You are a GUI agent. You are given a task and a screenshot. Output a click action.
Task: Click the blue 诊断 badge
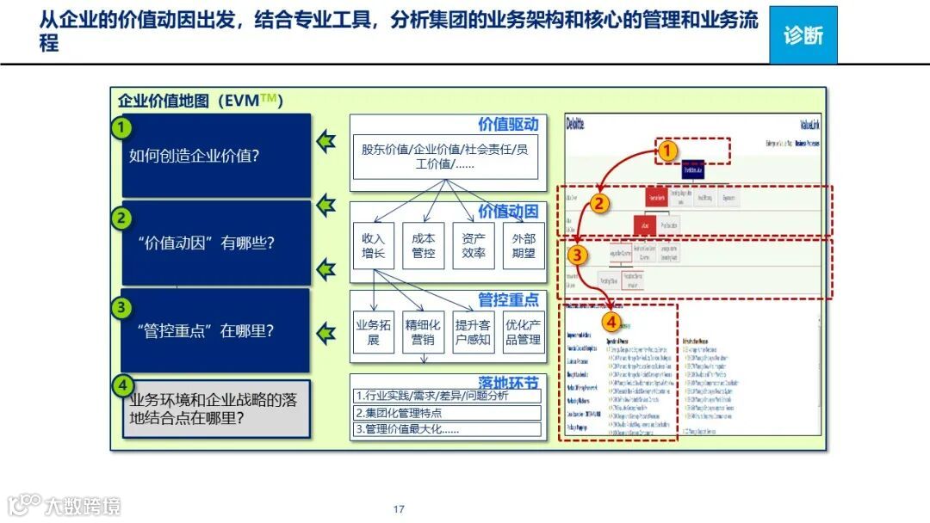coord(803,35)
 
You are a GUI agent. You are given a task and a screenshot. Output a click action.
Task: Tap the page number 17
coord(399,509)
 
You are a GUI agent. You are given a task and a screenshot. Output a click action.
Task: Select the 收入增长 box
coord(374,246)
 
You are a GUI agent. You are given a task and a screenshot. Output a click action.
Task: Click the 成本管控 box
coord(424,246)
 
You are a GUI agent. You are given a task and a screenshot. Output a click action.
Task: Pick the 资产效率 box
coord(474,246)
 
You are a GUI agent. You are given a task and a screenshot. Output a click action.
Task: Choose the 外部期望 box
coord(524,246)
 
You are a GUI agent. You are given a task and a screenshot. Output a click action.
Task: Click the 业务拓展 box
coord(374,332)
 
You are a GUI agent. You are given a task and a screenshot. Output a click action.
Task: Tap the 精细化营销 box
coord(424,332)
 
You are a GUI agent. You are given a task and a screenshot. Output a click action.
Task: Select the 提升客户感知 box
coord(474,332)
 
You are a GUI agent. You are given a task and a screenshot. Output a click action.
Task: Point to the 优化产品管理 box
coord(524,332)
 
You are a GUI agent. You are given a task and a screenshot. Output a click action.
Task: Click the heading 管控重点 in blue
coord(508,299)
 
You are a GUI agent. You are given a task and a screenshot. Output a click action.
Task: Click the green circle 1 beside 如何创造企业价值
coord(123,128)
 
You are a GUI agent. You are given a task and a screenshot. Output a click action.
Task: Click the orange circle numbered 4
coord(611,323)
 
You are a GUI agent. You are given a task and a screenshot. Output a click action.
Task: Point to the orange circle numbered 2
coord(599,204)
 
